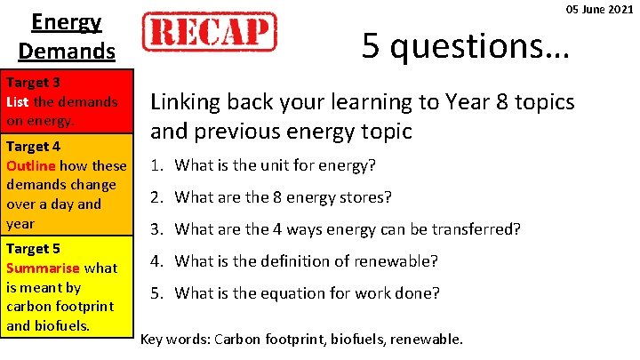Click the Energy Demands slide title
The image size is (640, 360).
[x=67, y=36]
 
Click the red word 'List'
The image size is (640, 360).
[x=18, y=101]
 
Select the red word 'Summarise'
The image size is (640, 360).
[x=44, y=268]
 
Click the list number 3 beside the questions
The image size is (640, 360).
[x=156, y=229]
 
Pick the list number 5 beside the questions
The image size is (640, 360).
[x=156, y=294]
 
